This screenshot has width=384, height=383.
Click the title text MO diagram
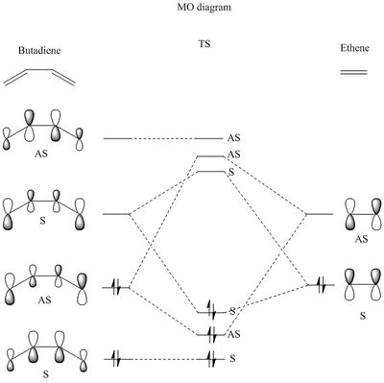point(204,8)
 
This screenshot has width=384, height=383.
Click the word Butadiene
point(39,51)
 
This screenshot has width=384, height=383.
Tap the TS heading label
point(204,43)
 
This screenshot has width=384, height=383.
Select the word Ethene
point(354,48)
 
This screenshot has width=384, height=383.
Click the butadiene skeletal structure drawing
point(39,78)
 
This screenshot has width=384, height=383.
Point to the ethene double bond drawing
point(353,72)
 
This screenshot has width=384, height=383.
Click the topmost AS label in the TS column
point(234,138)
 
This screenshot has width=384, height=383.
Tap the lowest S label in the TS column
point(232,358)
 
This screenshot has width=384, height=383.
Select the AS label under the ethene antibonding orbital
point(361,239)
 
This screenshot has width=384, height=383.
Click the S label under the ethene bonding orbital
point(363,316)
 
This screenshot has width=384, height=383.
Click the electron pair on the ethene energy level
point(323,285)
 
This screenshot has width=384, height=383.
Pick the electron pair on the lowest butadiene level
point(116,359)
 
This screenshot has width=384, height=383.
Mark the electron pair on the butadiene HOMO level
point(116,287)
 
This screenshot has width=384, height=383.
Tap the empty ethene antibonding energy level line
point(320,214)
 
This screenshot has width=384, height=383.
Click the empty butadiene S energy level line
point(116,214)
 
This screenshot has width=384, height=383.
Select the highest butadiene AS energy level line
point(117,138)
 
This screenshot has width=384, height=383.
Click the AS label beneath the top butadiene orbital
point(41,154)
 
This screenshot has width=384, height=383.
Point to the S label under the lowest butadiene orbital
point(46,374)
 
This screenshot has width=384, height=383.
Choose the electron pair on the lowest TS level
point(211,359)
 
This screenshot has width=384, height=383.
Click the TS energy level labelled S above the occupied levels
point(211,172)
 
